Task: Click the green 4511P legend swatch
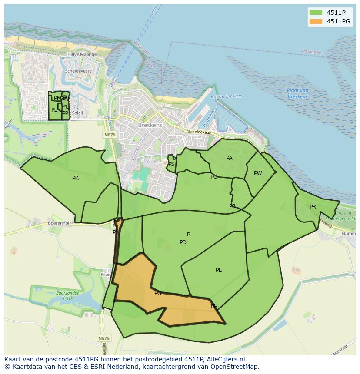coord(315,12)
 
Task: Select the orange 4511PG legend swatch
coord(315,21)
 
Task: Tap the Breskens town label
coord(150,125)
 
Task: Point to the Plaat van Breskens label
coord(298,93)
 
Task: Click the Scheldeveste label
coord(78,71)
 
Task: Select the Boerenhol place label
coord(58,223)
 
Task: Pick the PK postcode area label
coord(76,178)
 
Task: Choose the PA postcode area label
coord(229,158)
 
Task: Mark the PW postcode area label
coord(258,173)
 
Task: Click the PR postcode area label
coord(313,207)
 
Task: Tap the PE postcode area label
coord(219,270)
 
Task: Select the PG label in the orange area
coord(158,293)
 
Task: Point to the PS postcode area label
coord(171,164)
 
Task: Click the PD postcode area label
coord(183,242)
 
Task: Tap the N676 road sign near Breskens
coord(110,135)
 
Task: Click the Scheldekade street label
coord(200,132)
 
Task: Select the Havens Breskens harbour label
coord(227,96)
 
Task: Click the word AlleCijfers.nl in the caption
coord(226,359)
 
